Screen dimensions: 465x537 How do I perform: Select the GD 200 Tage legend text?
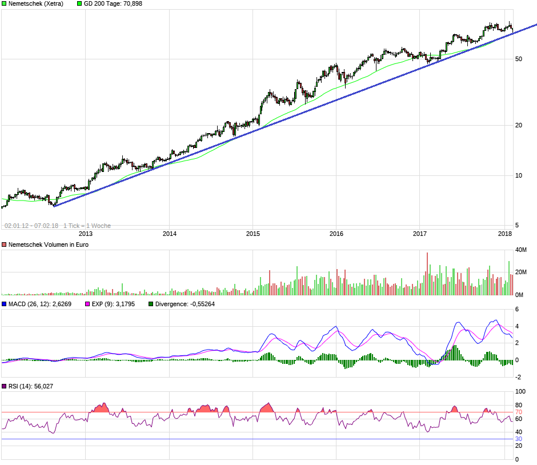pos(113,3)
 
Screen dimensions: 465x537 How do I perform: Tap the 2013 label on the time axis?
pos(85,234)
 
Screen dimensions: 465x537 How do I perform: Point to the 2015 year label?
pos(253,234)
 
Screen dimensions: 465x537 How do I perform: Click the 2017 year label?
pos(420,234)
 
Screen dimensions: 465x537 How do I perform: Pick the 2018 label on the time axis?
pos(504,234)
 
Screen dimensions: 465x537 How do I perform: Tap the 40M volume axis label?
pos(521,250)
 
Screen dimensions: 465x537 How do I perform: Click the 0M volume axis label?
pos(519,295)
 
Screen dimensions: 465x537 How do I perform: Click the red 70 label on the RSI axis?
pos(519,412)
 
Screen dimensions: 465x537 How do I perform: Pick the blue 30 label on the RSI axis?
pos(519,439)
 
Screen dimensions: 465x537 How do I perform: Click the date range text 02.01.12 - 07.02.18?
pos(31,226)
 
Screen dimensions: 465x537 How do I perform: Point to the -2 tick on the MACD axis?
pos(518,377)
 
